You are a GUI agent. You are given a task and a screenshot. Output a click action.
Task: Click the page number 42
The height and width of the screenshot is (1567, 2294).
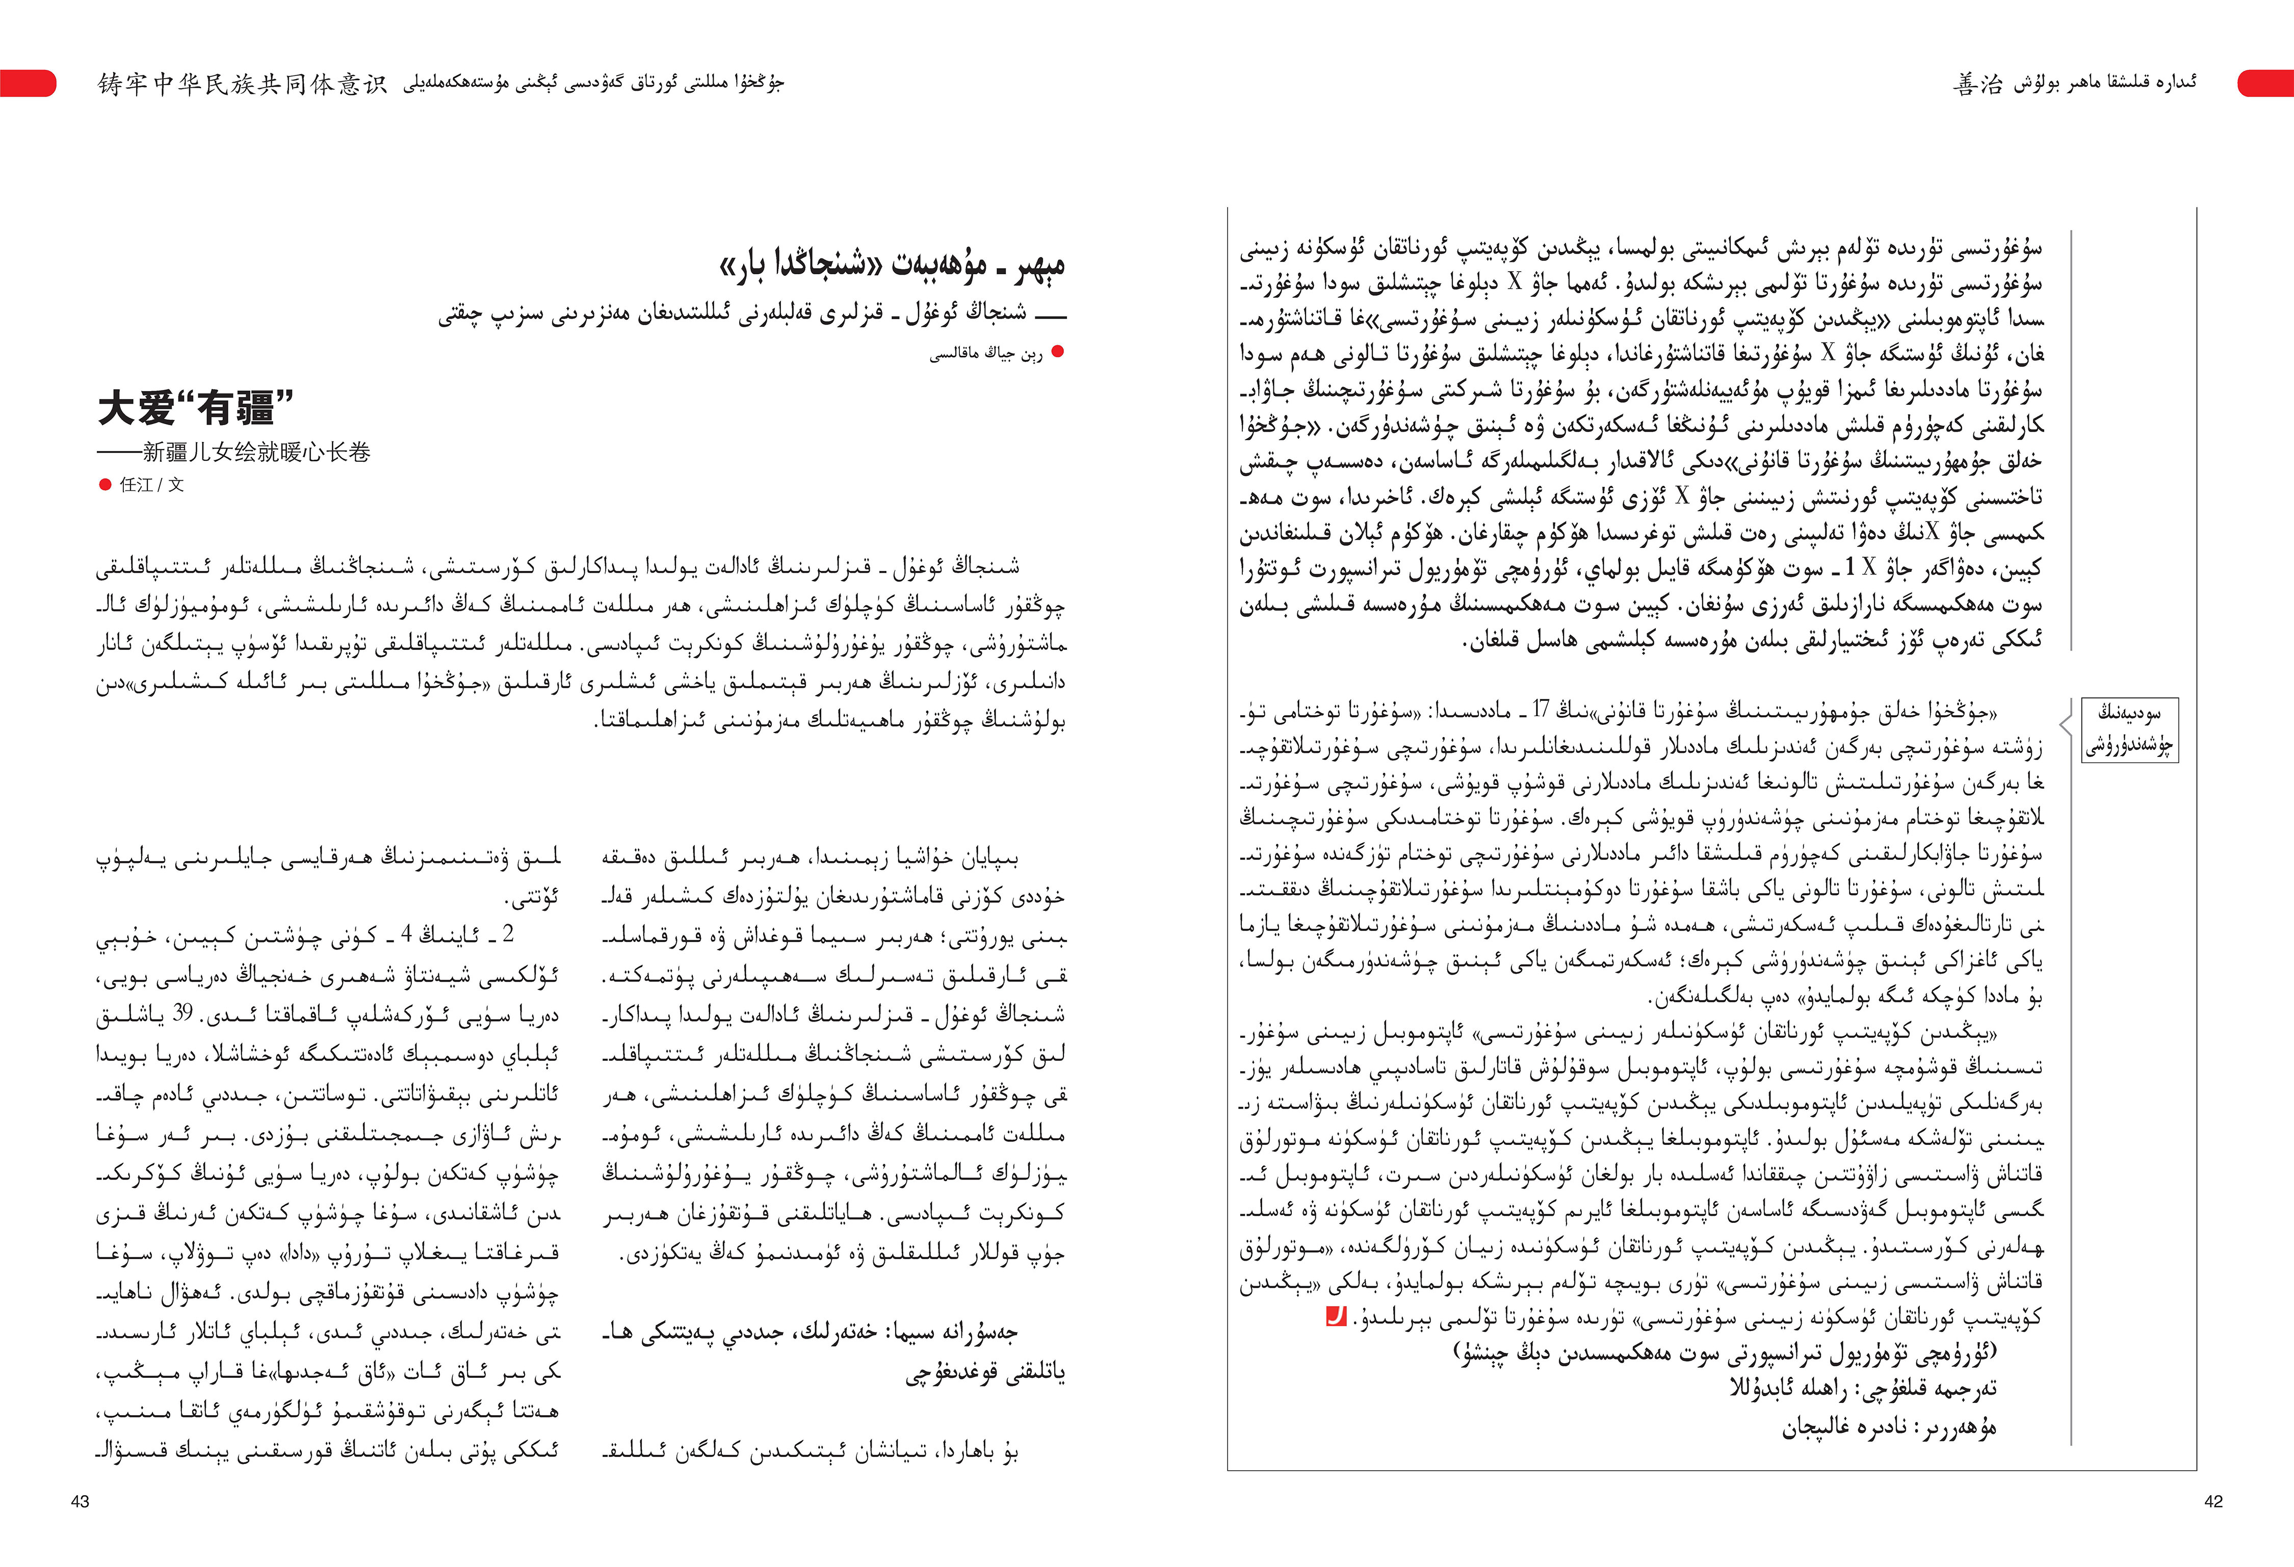(x=2213, y=1501)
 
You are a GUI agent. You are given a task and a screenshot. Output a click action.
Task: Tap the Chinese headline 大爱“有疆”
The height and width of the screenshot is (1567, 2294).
(x=195, y=407)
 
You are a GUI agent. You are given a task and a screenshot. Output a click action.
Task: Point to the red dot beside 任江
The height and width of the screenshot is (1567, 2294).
(x=105, y=484)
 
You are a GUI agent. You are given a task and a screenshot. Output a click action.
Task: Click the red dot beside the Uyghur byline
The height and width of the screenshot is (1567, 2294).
(x=1058, y=352)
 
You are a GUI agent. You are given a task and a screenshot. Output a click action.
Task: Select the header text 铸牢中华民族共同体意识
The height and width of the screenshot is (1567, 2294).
(x=242, y=84)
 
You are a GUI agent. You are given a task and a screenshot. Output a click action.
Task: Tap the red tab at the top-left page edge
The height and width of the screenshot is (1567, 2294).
(x=28, y=83)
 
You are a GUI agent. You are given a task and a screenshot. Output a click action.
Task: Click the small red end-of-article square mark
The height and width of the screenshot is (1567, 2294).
(x=1335, y=1316)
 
